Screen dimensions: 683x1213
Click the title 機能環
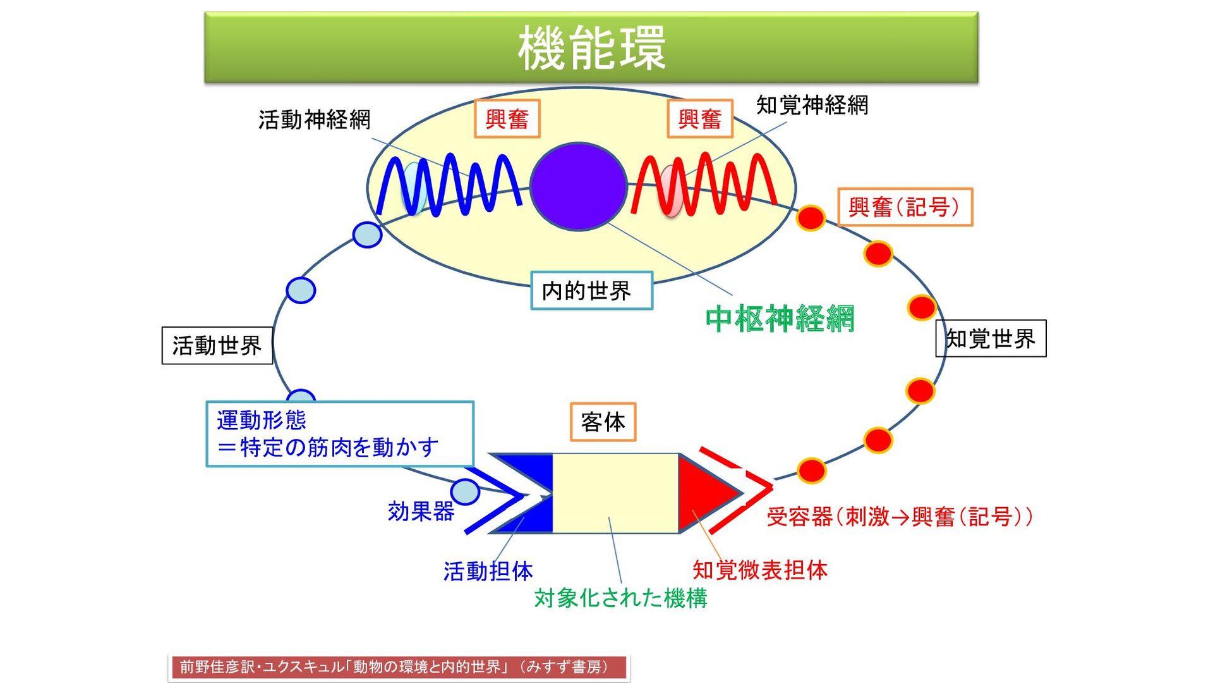[591, 48]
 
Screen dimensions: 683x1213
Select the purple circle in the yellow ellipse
[578, 186]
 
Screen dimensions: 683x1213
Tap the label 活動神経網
[314, 120]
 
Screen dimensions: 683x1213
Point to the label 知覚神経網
[812, 105]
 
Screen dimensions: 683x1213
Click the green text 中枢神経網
[780, 318]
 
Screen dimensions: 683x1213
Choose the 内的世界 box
[591, 291]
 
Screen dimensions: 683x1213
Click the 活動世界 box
[217, 345]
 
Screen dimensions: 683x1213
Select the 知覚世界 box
[990, 339]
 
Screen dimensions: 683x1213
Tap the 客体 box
[603, 422]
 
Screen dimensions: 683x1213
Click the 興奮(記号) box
[905, 207]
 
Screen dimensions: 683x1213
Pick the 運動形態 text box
[340, 434]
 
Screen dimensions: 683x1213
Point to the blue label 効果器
[421, 511]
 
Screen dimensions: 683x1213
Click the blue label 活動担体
[488, 571]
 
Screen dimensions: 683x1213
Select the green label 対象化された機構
[620, 598]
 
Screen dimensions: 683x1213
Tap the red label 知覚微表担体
[759, 570]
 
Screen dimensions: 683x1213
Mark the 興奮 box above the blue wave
[507, 119]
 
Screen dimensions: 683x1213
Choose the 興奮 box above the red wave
[700, 119]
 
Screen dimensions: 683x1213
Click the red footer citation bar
[399, 667]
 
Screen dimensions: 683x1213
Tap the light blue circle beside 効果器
[466, 491]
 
